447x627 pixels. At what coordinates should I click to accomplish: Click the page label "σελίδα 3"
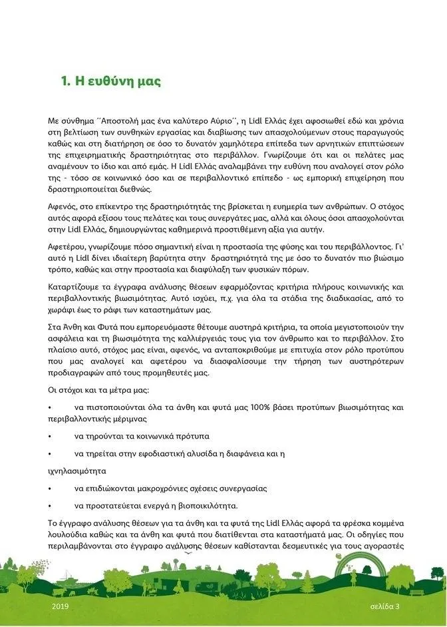(x=386, y=608)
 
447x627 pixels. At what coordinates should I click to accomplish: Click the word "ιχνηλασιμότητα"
(x=78, y=470)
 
